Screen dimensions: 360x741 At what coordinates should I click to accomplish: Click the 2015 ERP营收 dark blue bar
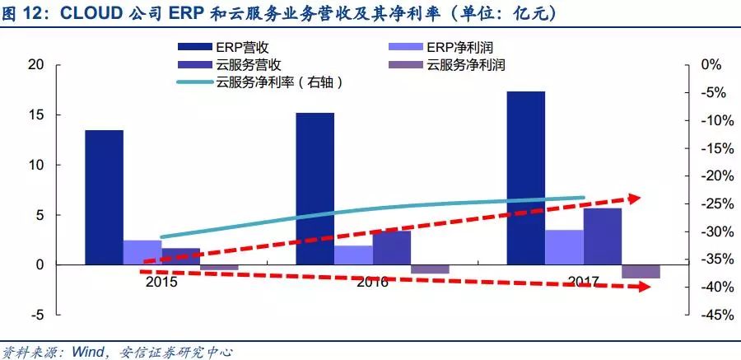click(104, 197)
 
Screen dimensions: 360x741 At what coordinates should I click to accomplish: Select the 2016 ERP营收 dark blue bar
click(315, 189)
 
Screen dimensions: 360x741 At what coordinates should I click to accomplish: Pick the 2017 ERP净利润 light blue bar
click(564, 247)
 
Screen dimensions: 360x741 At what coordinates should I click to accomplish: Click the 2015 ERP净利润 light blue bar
click(142, 252)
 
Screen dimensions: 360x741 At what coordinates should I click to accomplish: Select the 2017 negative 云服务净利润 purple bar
click(641, 272)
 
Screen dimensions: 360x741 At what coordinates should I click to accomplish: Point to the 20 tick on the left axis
click(35, 65)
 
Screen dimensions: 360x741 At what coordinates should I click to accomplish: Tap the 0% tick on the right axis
click(711, 65)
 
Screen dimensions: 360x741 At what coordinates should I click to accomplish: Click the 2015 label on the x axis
click(161, 282)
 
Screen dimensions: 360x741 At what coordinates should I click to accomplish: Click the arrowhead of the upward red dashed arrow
click(635, 198)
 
